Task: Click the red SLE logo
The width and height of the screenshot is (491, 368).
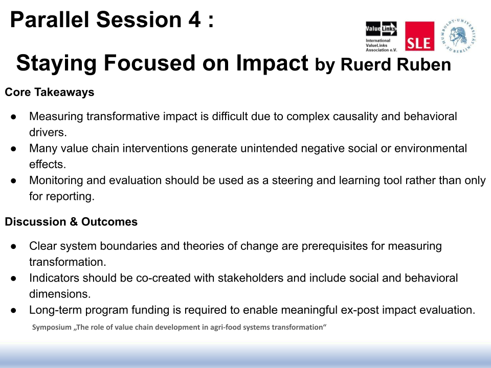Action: [419, 36]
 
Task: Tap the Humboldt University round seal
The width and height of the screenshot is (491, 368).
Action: [458, 35]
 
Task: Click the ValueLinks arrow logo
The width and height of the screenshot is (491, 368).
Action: [381, 29]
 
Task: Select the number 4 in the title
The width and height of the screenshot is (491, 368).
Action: [194, 19]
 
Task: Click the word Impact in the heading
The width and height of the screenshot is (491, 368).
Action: [272, 63]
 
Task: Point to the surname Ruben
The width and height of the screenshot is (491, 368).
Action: [423, 64]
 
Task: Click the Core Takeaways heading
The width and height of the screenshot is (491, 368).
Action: [50, 92]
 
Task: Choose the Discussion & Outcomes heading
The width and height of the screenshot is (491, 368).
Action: [71, 221]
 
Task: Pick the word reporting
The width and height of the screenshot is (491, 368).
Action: [70, 196]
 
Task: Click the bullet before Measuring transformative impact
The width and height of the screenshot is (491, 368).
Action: [13, 117]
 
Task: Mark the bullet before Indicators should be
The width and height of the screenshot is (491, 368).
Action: [13, 279]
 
